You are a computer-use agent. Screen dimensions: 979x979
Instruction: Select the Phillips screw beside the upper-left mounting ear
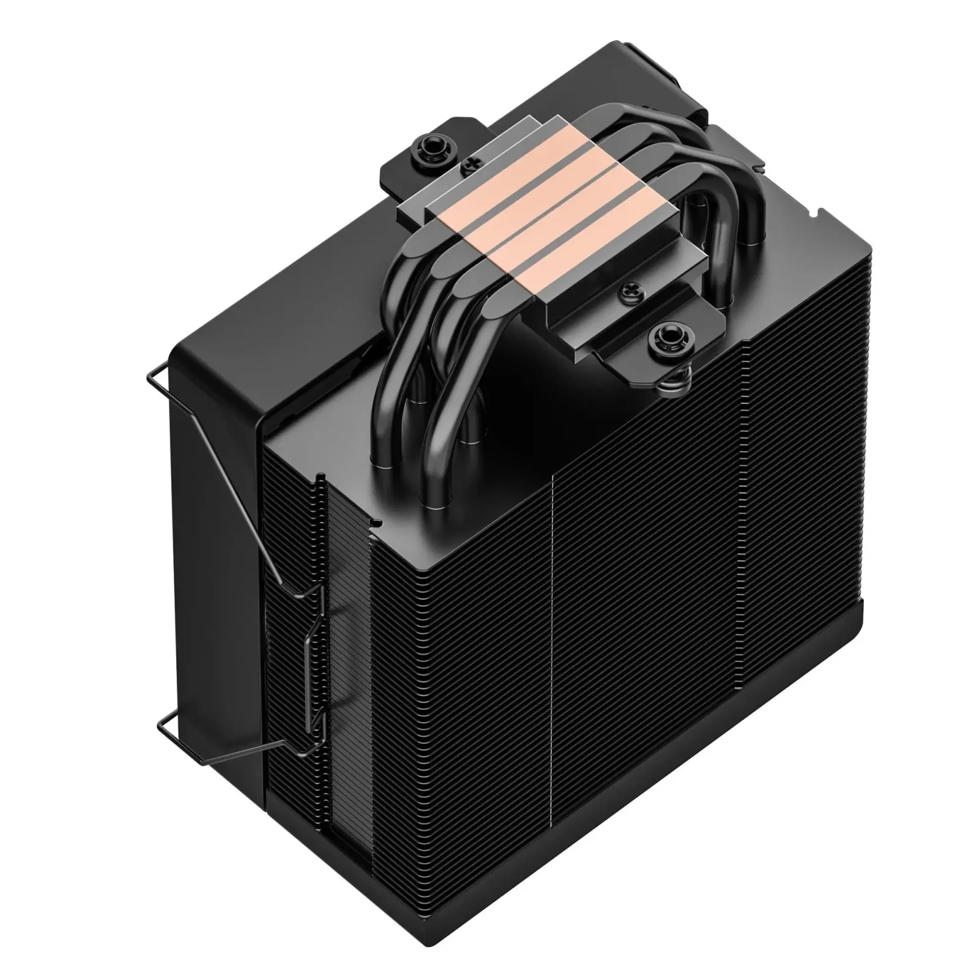[471, 165]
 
